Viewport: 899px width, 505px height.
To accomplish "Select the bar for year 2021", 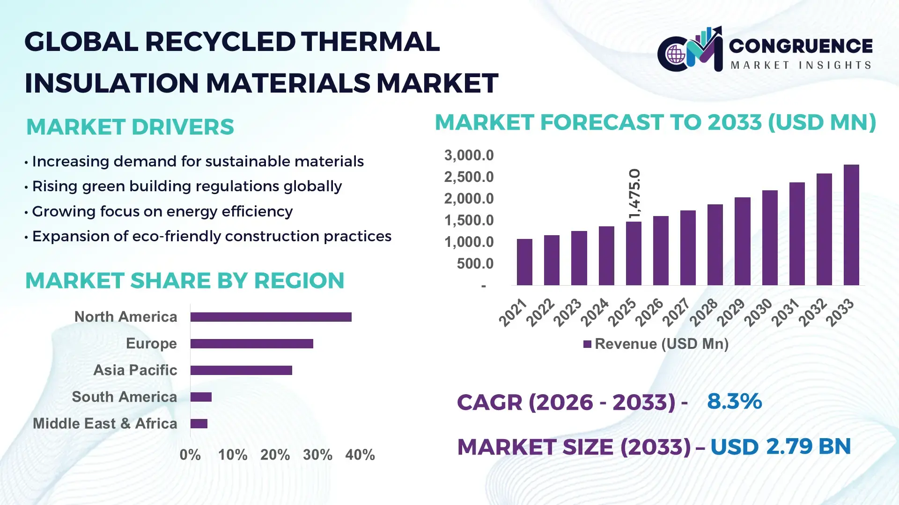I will tap(524, 262).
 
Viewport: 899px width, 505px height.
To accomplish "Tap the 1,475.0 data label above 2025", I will tap(634, 194).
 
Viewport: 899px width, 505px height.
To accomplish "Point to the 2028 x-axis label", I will tap(704, 312).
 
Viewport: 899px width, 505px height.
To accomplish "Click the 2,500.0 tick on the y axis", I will tap(469, 177).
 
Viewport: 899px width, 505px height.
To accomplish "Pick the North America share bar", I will tap(271, 317).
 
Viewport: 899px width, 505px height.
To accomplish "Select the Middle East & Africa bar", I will tap(199, 424).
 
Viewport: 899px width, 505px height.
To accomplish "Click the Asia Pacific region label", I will tap(135, 370).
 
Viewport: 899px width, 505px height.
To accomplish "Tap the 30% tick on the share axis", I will tap(317, 454).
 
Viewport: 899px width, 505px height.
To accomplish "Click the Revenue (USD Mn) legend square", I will tap(587, 345).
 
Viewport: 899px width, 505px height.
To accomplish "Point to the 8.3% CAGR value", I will tap(734, 401).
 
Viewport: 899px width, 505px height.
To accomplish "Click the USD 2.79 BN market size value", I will tap(780, 447).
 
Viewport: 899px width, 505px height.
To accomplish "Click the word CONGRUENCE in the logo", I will tap(801, 46).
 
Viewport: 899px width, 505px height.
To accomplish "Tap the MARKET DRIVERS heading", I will tap(130, 127).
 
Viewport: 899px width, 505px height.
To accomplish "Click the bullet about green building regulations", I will tap(186, 186).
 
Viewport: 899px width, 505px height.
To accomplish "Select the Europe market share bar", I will tap(251, 344).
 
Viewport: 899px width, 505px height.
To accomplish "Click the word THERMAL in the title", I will tap(370, 42).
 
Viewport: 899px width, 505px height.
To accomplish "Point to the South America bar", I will tap(201, 397).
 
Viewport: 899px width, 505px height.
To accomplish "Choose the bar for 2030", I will tap(769, 238).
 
